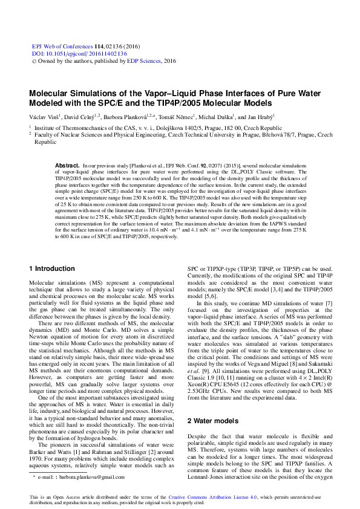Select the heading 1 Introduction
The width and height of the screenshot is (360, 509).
[51, 268]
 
